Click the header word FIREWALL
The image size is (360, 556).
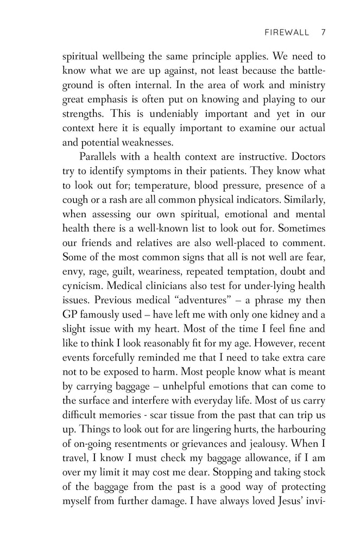(285, 32)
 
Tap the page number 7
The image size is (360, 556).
(323, 32)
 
